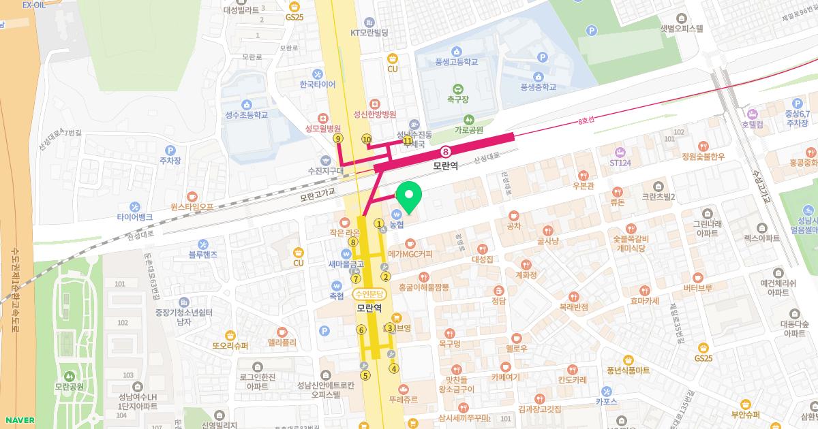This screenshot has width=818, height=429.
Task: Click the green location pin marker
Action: pyautogui.click(x=408, y=196)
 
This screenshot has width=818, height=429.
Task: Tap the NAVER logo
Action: pyautogui.click(x=18, y=419)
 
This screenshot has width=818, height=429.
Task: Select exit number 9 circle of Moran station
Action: pyautogui.click(x=338, y=138)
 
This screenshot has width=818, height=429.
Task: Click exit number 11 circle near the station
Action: pyautogui.click(x=408, y=141)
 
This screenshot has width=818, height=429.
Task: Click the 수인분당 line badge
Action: pyautogui.click(x=369, y=294)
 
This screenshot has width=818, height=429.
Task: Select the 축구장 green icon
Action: pyautogui.click(x=457, y=88)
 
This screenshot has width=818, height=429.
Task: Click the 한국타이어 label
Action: pyautogui.click(x=318, y=84)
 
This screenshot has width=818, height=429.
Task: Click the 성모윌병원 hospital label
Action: pyautogui.click(x=322, y=127)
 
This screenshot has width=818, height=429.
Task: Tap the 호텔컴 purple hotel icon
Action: pyautogui.click(x=753, y=113)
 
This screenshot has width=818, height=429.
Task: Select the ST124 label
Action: pyautogui.click(x=620, y=163)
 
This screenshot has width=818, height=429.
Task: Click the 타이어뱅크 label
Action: pyautogui.click(x=134, y=217)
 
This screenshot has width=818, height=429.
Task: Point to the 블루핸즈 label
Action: pyautogui.click(x=203, y=255)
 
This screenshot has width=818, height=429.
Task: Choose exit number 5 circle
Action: pyautogui.click(x=365, y=375)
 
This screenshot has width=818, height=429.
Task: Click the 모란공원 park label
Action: pyautogui.click(x=69, y=387)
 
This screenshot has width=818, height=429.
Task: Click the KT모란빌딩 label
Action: pyautogui.click(x=369, y=33)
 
